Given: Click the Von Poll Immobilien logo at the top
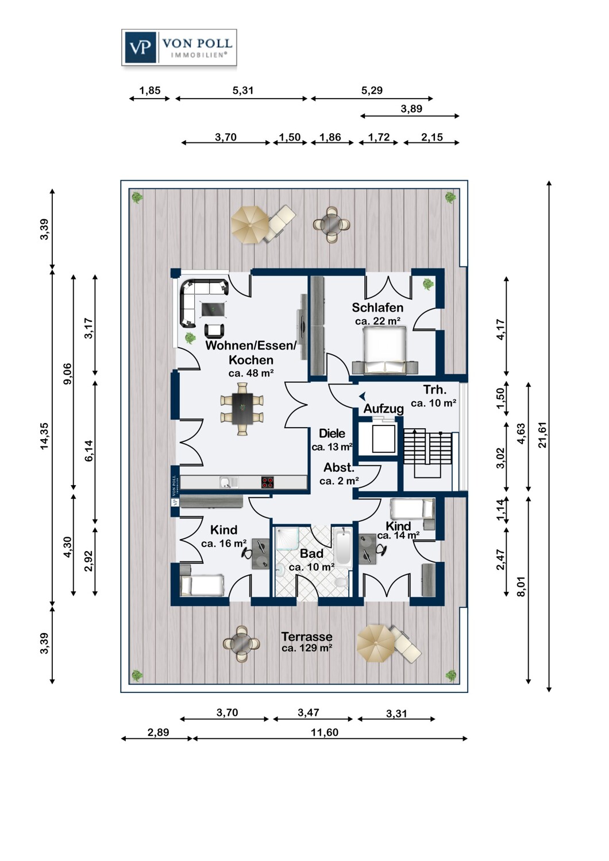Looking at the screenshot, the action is tap(179, 47).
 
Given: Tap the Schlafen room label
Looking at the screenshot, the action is tap(377, 308).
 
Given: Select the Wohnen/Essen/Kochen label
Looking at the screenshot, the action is tap(251, 352).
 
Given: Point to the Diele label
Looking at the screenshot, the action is tap(332, 433).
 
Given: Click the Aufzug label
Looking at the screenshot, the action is tap(383, 409).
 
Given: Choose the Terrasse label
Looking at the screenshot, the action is tap(307, 637).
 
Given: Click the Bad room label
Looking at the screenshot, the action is tap(311, 554).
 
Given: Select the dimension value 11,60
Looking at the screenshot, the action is tap(324, 732).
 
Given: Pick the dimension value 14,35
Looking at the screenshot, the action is tap(44, 436).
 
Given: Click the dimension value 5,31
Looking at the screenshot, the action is tap(243, 90).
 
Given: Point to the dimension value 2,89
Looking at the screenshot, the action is tap(158, 732).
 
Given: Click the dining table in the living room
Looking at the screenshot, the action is tap(242, 409).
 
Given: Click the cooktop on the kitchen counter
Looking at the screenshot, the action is tap(267, 482).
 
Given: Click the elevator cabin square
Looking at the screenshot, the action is tap(384, 439).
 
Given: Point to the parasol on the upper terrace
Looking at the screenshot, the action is tap(250, 225).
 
